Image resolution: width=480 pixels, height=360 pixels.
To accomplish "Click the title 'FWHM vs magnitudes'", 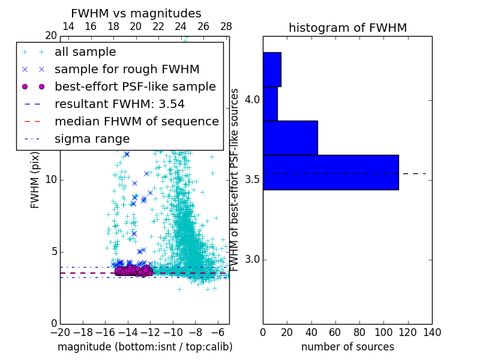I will [x=136, y=14].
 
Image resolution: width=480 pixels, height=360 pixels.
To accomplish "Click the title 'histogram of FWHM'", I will [x=347, y=28].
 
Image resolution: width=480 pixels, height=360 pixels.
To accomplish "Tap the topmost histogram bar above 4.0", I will [x=272, y=69].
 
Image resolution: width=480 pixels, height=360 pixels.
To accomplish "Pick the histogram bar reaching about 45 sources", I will [x=290, y=137].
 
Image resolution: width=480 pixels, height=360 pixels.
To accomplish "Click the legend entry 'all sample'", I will [x=85, y=52].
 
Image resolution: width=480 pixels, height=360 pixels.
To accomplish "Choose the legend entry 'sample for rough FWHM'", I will [x=127, y=70].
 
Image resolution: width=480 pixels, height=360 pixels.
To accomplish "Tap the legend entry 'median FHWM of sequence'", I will [x=137, y=122].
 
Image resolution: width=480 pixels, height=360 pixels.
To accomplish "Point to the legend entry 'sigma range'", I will [x=92, y=139].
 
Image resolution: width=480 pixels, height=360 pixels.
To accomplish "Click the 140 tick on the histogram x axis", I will [x=432, y=332].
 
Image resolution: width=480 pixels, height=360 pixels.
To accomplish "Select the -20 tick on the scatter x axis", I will [x=60, y=332].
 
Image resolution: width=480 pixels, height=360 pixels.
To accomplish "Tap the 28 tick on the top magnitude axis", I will [x=226, y=27].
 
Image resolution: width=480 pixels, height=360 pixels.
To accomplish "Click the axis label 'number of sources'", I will [x=347, y=347].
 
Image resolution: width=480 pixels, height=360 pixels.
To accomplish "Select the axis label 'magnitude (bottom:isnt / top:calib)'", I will [x=145, y=347].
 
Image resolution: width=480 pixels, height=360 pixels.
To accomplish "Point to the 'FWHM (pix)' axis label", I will [x=35, y=179].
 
